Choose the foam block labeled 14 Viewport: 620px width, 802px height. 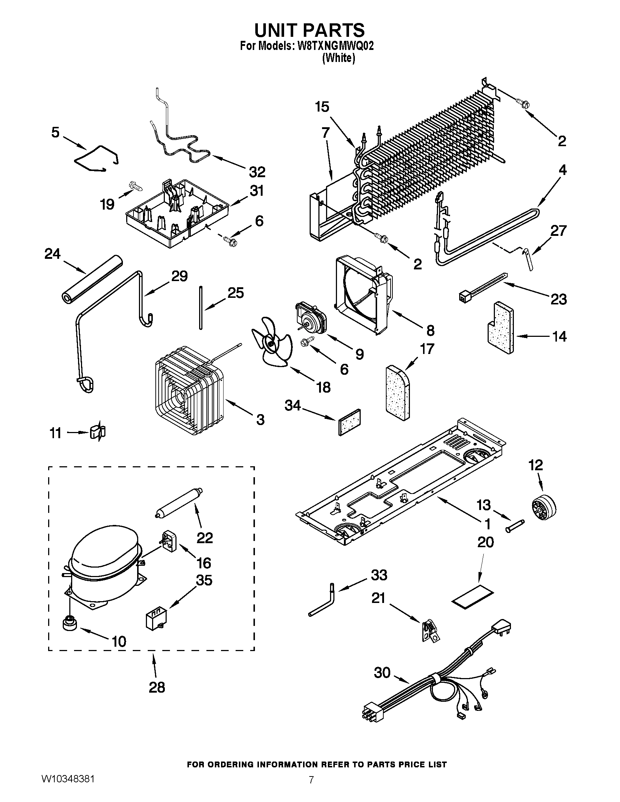pyautogui.click(x=501, y=327)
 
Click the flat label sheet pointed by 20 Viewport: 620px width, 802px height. pyautogui.click(x=472, y=600)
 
